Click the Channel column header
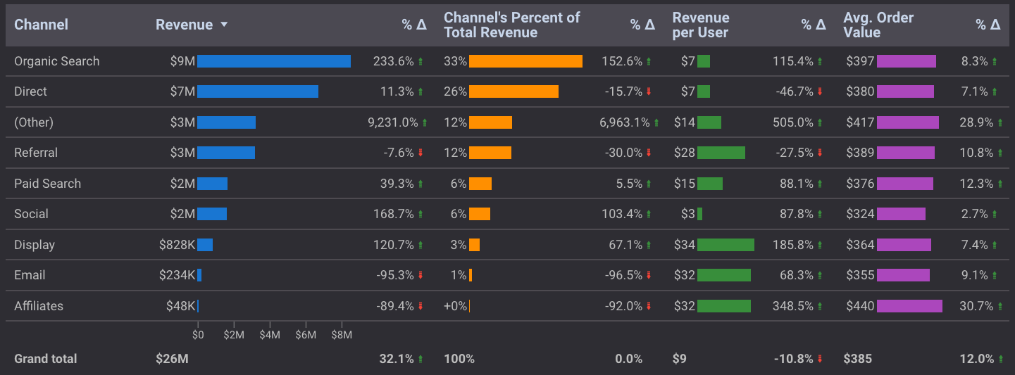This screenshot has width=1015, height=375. click(x=41, y=25)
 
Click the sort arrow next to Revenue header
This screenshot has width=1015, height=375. click(x=224, y=25)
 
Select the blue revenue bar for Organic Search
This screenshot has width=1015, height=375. click(x=273, y=61)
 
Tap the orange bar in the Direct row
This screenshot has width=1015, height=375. click(x=513, y=91)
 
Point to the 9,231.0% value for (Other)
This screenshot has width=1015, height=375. click(x=392, y=122)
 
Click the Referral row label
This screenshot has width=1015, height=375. click(x=36, y=153)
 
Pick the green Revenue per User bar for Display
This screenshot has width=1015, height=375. click(x=726, y=245)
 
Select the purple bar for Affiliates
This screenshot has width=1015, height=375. click(x=909, y=306)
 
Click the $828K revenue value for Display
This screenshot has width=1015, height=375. click(x=177, y=245)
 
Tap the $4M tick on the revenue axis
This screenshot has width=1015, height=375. click(x=270, y=336)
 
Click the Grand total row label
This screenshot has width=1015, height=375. click(x=45, y=359)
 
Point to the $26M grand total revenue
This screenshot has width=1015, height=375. click(x=172, y=359)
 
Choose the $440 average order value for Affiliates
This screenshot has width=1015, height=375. click(x=859, y=306)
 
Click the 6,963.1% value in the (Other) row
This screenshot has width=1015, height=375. click(x=624, y=122)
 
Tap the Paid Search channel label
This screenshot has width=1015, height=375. click(x=47, y=184)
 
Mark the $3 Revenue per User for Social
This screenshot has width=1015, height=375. click(x=687, y=214)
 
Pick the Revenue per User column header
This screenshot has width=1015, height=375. click(x=700, y=25)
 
